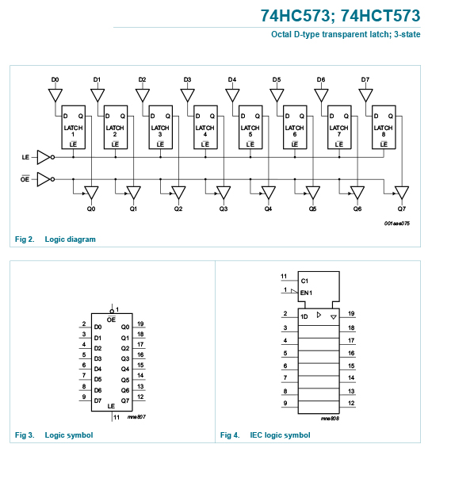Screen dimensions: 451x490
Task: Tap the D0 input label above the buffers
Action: click(55, 80)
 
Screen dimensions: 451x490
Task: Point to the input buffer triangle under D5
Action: click(277, 95)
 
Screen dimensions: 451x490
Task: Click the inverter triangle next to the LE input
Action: click(44, 157)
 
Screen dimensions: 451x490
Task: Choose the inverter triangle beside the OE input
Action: click(44, 179)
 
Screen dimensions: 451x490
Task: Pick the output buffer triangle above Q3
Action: click(224, 193)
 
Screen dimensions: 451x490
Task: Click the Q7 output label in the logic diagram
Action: click(402, 209)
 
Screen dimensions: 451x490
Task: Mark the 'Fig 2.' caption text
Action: click(25, 239)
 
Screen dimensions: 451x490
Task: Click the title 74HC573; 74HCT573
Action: click(341, 16)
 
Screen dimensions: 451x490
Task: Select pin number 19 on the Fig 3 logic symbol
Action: click(140, 323)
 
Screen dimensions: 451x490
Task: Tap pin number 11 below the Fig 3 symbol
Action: click(117, 417)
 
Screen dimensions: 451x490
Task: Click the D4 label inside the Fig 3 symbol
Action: click(97, 369)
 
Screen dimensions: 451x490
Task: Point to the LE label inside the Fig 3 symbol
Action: click(111, 406)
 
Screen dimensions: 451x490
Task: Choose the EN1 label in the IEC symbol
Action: click(306, 293)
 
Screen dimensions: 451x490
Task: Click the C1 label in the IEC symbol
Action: click(304, 281)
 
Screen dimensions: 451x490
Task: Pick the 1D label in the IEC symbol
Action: click(304, 316)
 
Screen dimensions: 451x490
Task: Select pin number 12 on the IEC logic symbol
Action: click(351, 403)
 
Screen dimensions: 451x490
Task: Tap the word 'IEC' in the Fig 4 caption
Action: click(256, 435)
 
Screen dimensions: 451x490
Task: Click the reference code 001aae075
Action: click(397, 224)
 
